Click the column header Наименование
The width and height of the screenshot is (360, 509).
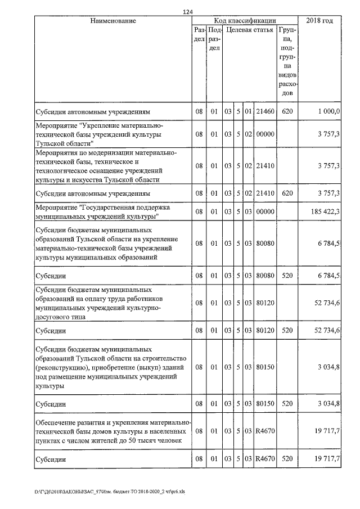point(113,21)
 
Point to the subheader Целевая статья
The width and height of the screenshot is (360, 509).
point(250,30)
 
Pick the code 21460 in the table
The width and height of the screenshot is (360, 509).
point(264,111)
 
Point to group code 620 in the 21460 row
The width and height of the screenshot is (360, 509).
point(287,111)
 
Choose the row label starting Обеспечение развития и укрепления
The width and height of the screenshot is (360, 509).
point(113,431)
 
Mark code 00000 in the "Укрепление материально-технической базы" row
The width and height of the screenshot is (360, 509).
point(264,135)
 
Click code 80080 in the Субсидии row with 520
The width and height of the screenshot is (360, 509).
point(264,276)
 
